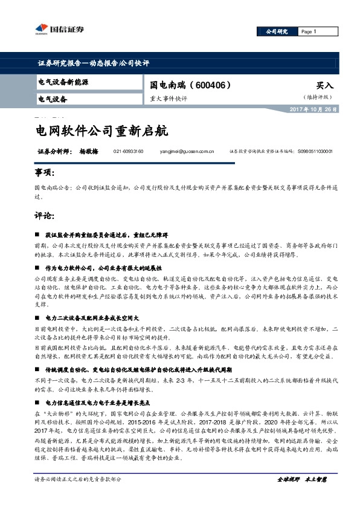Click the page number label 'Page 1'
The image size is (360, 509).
(308, 31)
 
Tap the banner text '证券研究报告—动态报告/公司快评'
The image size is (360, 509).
(93, 63)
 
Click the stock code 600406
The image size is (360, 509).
(210, 85)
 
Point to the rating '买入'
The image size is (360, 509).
(324, 86)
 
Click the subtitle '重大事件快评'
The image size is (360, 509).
(169, 97)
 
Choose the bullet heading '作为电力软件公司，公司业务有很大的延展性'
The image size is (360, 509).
(103, 267)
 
